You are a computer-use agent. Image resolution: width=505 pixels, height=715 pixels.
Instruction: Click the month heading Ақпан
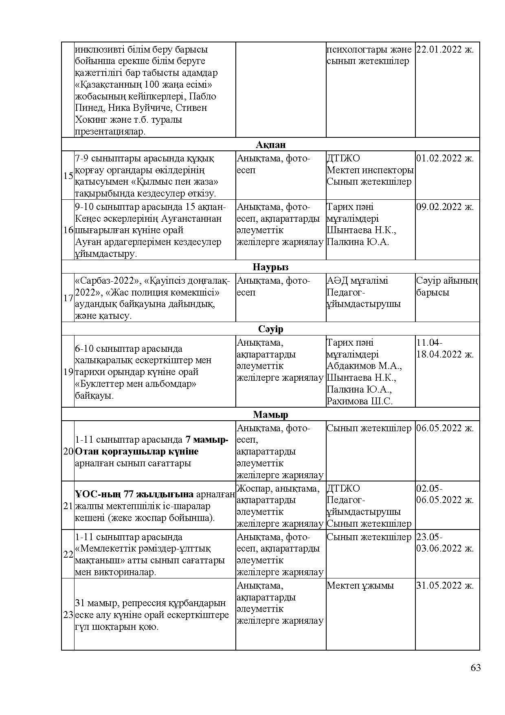coord(271,145)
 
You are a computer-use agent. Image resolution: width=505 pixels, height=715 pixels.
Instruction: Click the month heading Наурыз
coord(270,267)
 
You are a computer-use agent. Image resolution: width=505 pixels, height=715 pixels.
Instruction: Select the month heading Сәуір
coord(270,329)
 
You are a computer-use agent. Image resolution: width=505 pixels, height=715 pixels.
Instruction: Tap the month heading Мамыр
coord(270,415)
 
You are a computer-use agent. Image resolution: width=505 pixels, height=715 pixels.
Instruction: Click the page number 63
coord(475,667)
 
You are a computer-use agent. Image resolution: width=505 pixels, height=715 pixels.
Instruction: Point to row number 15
coord(68,176)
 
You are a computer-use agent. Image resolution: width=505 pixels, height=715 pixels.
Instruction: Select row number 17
coord(68,298)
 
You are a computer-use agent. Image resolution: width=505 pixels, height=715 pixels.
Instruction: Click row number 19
coord(68,372)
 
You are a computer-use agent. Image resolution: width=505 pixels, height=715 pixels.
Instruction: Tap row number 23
coord(68,615)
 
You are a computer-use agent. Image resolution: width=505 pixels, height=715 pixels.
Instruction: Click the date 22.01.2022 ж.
coord(445,50)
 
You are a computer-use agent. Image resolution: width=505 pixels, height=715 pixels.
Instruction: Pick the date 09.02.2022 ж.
coord(445,207)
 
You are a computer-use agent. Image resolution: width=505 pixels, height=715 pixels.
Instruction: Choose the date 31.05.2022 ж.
coord(445,585)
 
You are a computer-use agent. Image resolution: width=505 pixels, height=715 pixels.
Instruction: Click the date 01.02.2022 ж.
coord(445,158)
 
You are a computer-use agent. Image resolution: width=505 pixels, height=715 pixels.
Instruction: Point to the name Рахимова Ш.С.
coord(360,401)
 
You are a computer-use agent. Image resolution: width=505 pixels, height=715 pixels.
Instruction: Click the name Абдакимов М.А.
coord(364,366)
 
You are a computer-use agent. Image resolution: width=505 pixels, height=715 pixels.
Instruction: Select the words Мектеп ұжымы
coord(360,585)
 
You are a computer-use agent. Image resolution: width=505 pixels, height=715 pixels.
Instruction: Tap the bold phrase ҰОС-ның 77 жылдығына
coord(134,494)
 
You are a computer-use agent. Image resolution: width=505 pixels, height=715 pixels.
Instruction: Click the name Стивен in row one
coord(193,108)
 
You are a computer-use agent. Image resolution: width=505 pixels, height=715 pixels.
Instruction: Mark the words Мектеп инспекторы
coord(370,170)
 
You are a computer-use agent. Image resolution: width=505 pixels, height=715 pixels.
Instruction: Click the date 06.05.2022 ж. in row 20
coord(445,428)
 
